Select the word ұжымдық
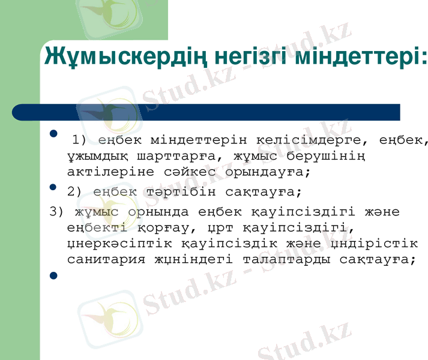93,157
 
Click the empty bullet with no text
53,275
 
